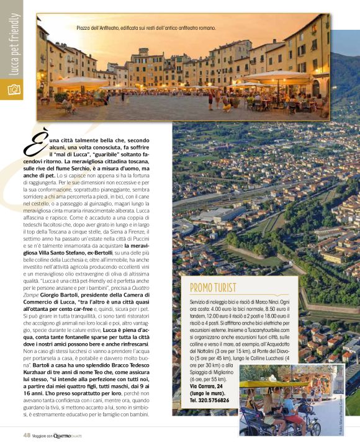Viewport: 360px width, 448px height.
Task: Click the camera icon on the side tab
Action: coord(12,89)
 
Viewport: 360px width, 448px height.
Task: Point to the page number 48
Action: coord(26,435)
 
